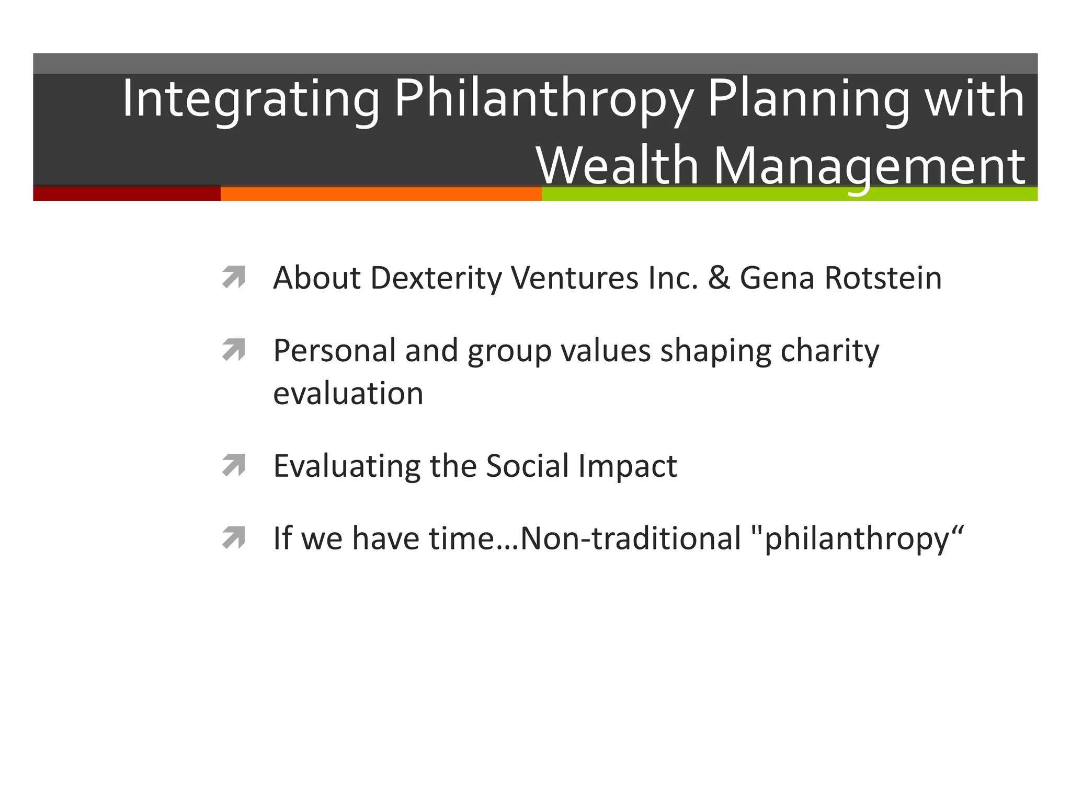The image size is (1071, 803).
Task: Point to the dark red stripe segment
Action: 127,193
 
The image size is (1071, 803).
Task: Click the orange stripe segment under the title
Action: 381,194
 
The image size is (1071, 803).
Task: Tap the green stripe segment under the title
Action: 790,194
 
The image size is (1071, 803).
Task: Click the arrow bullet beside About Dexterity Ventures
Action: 233,278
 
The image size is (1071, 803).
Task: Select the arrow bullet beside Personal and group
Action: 233,350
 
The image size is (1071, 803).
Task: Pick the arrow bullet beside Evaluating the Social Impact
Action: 233,465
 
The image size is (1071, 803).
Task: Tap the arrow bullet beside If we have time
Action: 233,538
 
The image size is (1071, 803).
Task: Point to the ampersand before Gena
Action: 719,278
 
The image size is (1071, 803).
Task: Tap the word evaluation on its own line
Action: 348,394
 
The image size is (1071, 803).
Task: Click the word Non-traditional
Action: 631,538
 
